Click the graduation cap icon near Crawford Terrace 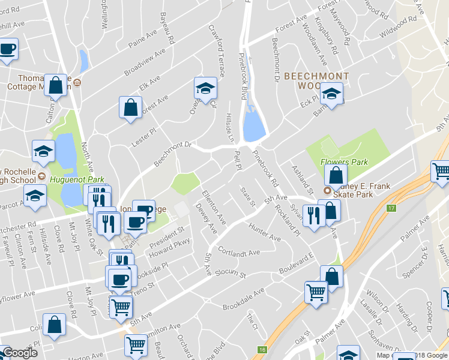coord(205,89)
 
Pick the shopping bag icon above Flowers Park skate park coord(336,175)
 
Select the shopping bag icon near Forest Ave coord(130,108)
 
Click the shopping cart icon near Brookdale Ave coord(316,292)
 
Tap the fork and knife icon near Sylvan coord(313,215)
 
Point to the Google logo coord(19,353)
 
